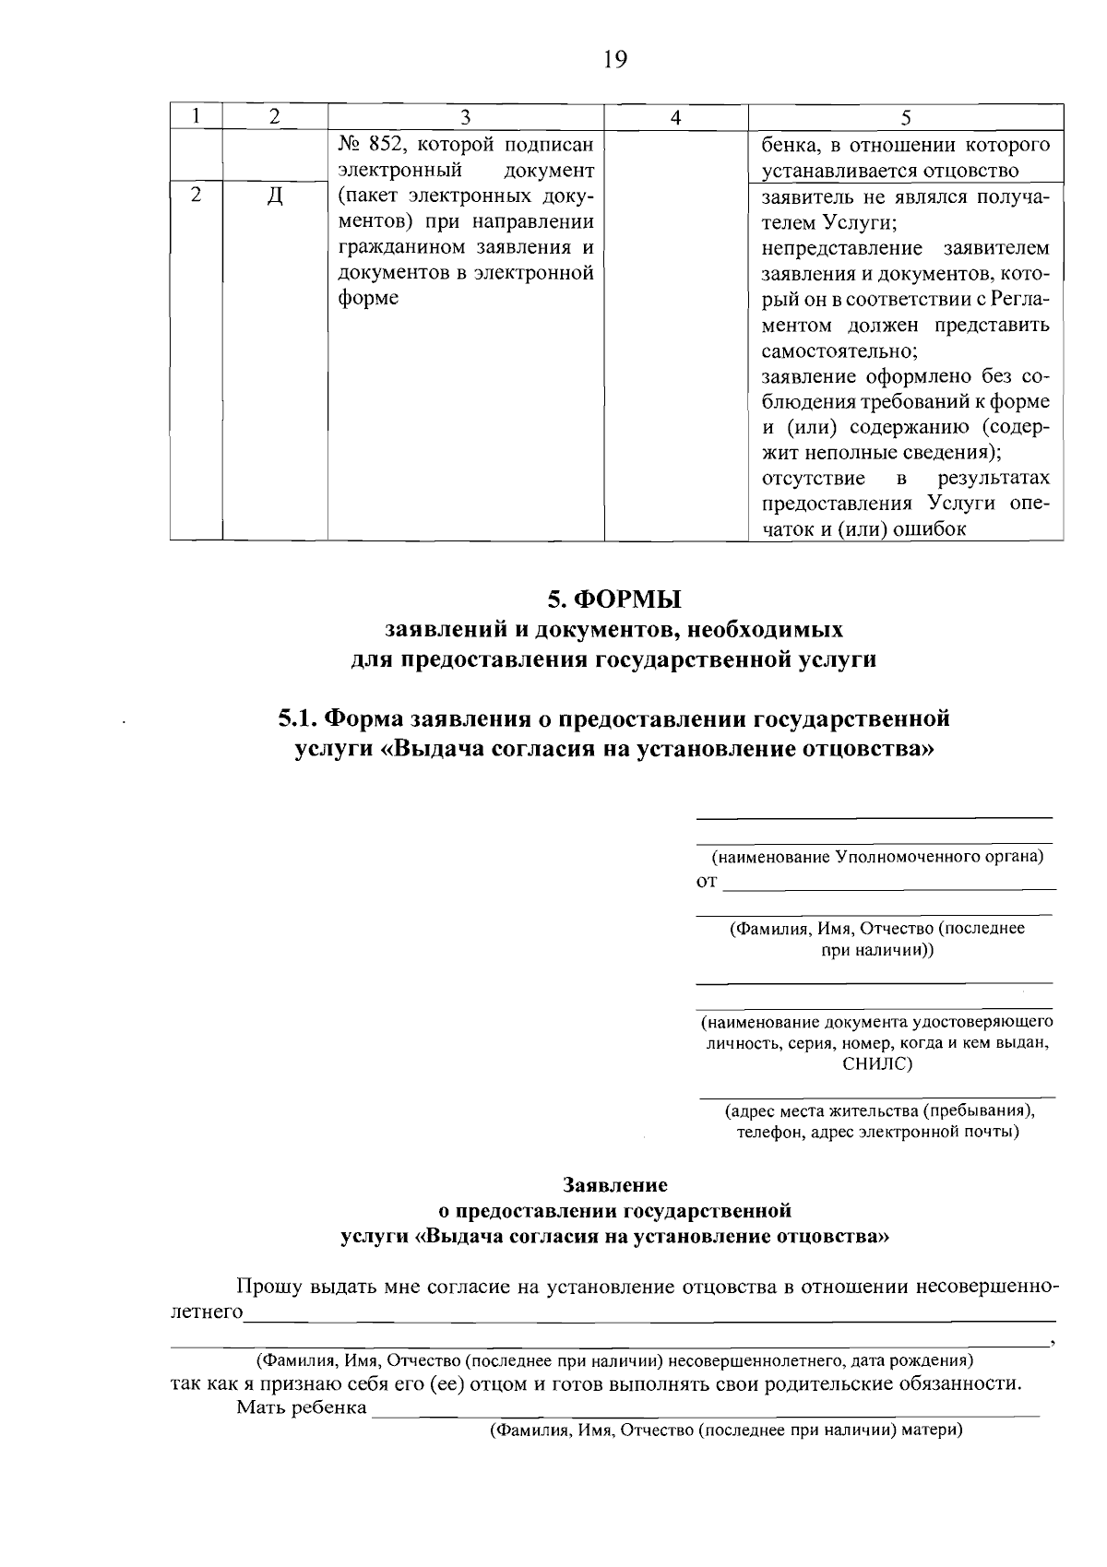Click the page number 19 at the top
click(614, 61)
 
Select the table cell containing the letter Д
click(274, 197)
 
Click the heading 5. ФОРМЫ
click(614, 599)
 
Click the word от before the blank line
click(706, 883)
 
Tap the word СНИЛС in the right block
click(876, 1063)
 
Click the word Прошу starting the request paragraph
click(263, 1287)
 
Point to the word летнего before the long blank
click(207, 1312)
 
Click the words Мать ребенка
click(302, 1407)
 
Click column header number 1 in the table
click(196, 118)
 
